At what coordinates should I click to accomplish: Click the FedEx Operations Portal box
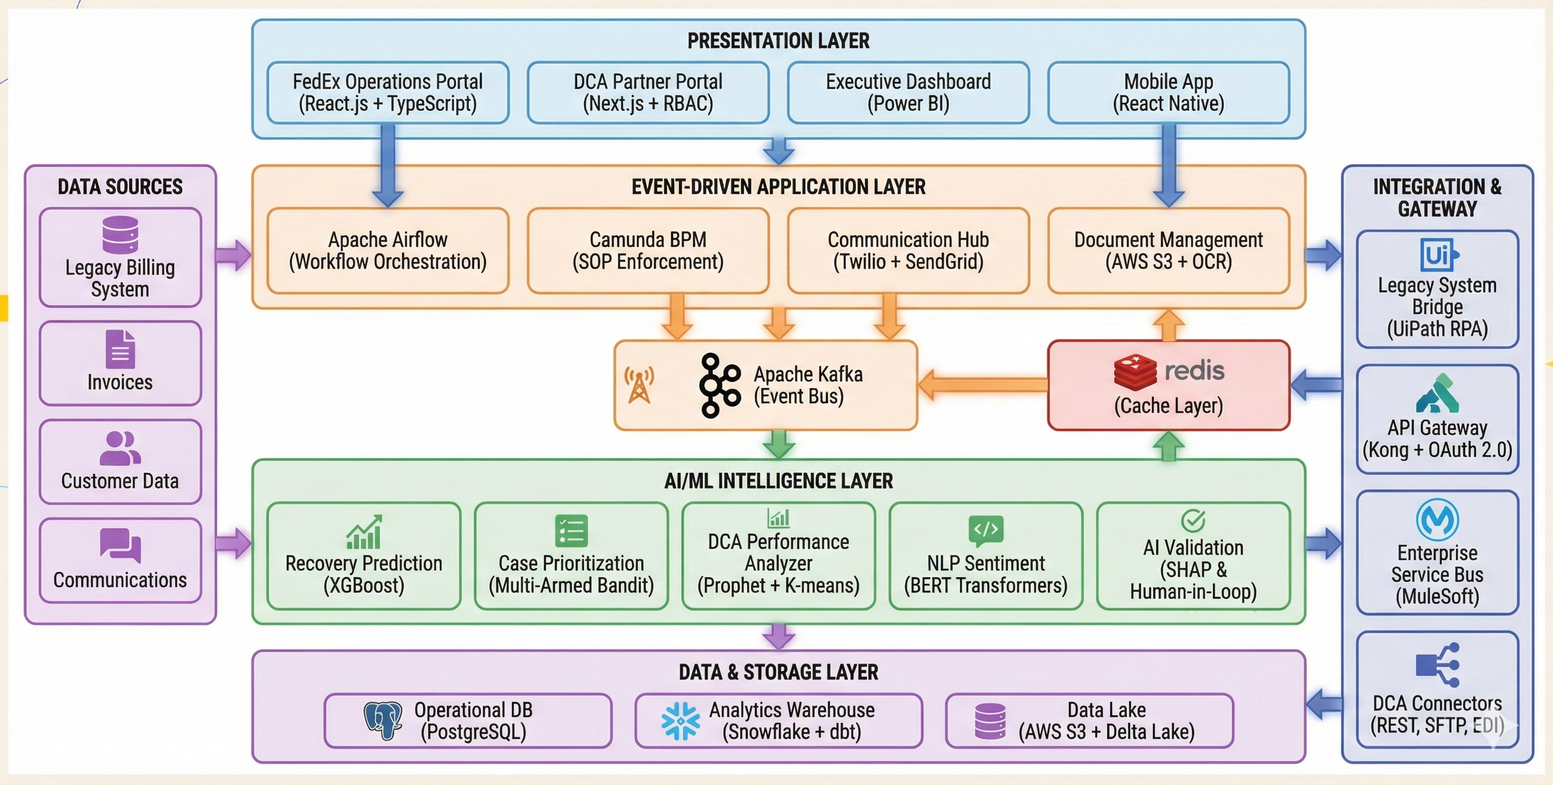pyautogui.click(x=388, y=93)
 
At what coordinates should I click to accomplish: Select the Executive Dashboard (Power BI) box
pyautogui.click(x=908, y=93)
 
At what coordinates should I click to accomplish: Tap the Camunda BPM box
pyautogui.click(x=648, y=251)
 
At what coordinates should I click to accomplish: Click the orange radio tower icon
pyautogui.click(x=639, y=385)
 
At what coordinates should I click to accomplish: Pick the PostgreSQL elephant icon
pyautogui.click(x=383, y=720)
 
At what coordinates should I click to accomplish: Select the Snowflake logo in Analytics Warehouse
pyautogui.click(x=681, y=720)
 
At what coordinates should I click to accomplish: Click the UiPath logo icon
pyautogui.click(x=1438, y=255)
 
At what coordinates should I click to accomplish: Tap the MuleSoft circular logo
pyautogui.click(x=1437, y=520)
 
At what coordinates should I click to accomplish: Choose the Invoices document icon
pyautogui.click(x=120, y=349)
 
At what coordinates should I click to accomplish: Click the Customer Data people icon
pyautogui.click(x=120, y=448)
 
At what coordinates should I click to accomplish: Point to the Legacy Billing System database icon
pyautogui.click(x=120, y=235)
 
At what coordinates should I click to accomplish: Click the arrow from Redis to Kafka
pyautogui.click(x=983, y=385)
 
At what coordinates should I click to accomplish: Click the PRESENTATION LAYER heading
pyautogui.click(x=778, y=41)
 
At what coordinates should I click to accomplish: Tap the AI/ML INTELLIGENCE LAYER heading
pyautogui.click(x=778, y=481)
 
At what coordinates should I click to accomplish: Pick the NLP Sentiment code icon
pyautogui.click(x=986, y=530)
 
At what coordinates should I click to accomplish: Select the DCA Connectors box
pyautogui.click(x=1437, y=691)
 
